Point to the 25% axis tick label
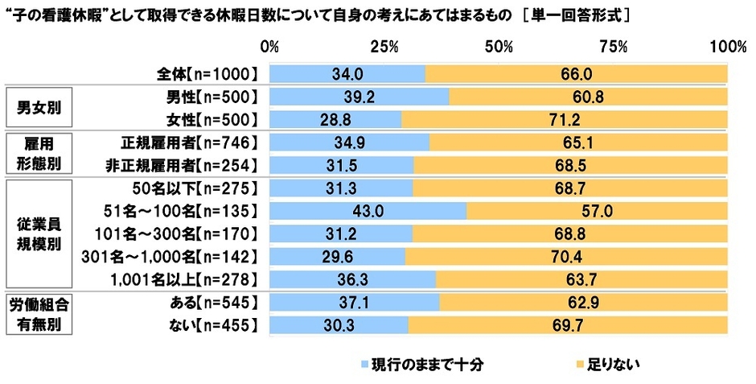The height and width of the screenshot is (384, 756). click(384, 47)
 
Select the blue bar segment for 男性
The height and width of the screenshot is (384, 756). click(359, 97)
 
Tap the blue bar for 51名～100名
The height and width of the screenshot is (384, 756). click(368, 211)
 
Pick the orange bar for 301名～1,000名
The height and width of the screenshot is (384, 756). click(566, 257)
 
